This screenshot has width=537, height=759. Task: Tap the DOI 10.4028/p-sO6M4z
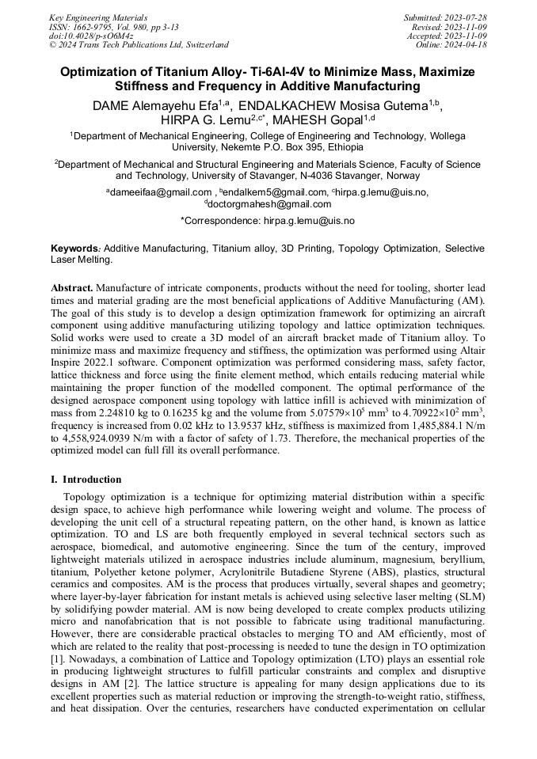(x=90, y=36)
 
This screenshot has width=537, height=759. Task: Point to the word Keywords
(x=75, y=249)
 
